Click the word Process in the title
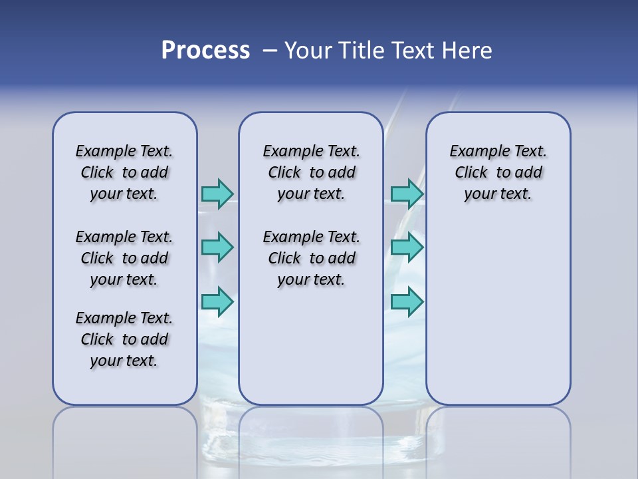pyautogui.click(x=205, y=51)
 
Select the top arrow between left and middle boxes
pyautogui.click(x=217, y=194)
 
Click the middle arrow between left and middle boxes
pyautogui.click(x=217, y=247)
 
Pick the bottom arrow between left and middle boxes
pyautogui.click(x=217, y=301)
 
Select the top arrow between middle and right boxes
pyautogui.click(x=407, y=194)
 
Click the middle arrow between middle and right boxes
pyautogui.click(x=407, y=247)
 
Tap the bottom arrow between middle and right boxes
pyautogui.click(x=407, y=301)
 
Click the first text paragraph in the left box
pyautogui.click(x=124, y=172)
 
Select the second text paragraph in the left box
pyautogui.click(x=124, y=258)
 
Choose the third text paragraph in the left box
pyautogui.click(x=124, y=339)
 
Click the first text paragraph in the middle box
pyautogui.click(x=311, y=172)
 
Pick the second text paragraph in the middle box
pyautogui.click(x=311, y=258)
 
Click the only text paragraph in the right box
pyautogui.click(x=498, y=172)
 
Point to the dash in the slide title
pyautogui.click(x=270, y=51)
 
